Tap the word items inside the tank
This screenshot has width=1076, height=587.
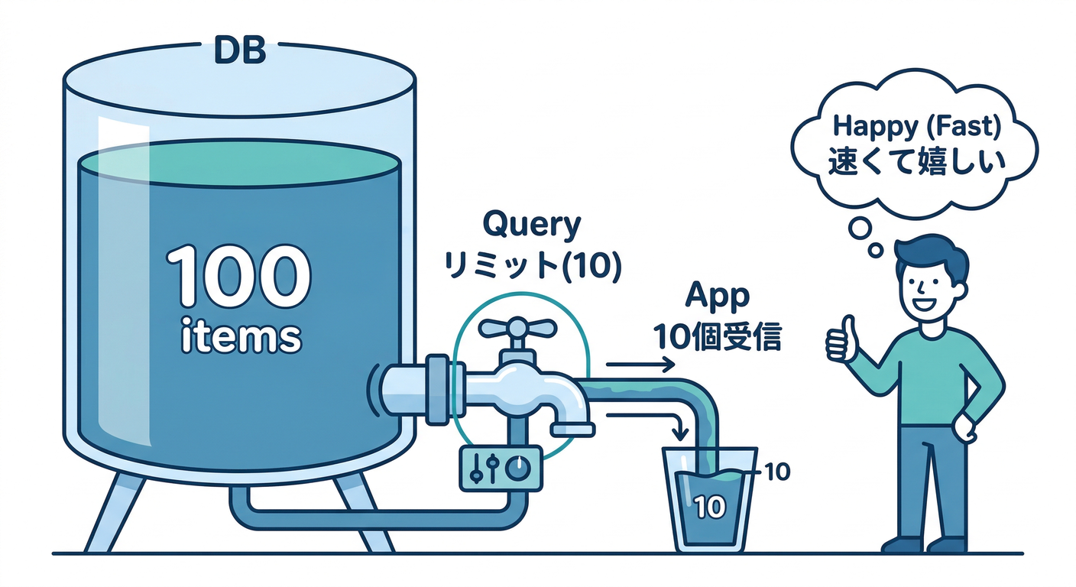(x=239, y=337)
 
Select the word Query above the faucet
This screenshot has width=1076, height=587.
(x=532, y=226)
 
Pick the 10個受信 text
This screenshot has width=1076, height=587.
(x=717, y=336)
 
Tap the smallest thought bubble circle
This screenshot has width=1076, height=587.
(x=876, y=249)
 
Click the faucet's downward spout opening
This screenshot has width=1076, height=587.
(x=572, y=430)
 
